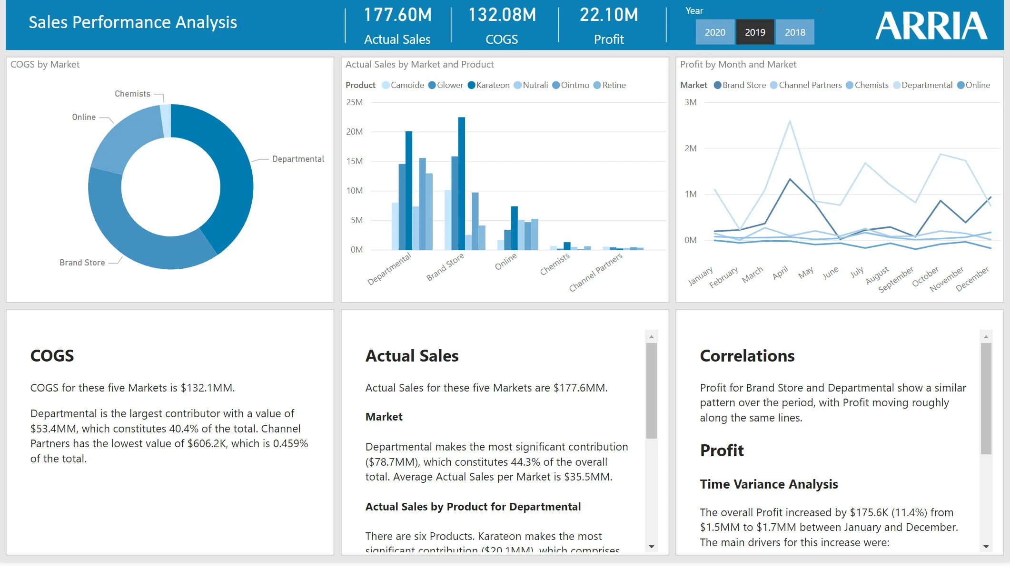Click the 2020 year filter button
714,32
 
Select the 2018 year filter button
794,32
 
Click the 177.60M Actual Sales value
397,15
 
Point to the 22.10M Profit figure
608,15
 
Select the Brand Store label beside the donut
82,263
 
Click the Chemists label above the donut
132,94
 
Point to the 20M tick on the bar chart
355,132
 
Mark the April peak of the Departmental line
790,122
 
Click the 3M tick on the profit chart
690,102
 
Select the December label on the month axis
972,279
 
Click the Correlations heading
747,356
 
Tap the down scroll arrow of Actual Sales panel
652,547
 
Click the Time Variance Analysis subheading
769,484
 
